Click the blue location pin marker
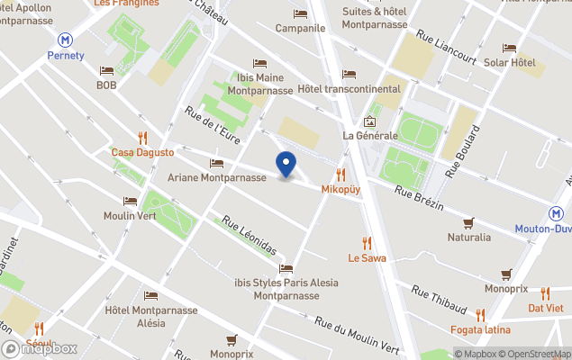point(286,165)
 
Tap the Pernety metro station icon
point(65,40)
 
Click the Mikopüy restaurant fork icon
point(340,174)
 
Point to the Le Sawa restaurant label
point(367,258)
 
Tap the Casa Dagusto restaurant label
point(142,153)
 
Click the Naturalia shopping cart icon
point(468,222)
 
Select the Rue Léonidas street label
point(250,235)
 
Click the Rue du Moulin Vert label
point(356,335)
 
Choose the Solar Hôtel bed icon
point(509,48)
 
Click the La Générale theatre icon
point(369,121)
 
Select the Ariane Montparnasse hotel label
point(216,177)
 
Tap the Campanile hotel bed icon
point(300,13)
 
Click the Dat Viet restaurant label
point(546,308)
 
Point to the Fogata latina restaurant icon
point(480,314)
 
